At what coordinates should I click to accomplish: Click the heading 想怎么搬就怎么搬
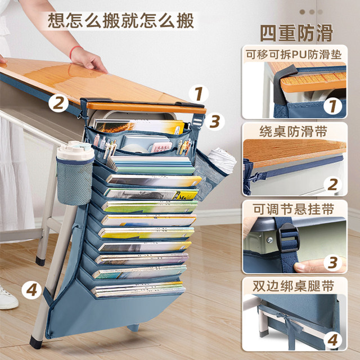pyautogui.click(x=121, y=21)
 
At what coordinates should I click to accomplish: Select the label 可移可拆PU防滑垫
pyautogui.click(x=294, y=55)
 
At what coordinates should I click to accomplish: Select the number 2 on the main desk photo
pyautogui.click(x=57, y=103)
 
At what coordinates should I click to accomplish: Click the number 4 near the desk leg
pyautogui.click(x=32, y=291)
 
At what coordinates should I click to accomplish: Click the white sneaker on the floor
pyautogui.click(x=7, y=296)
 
